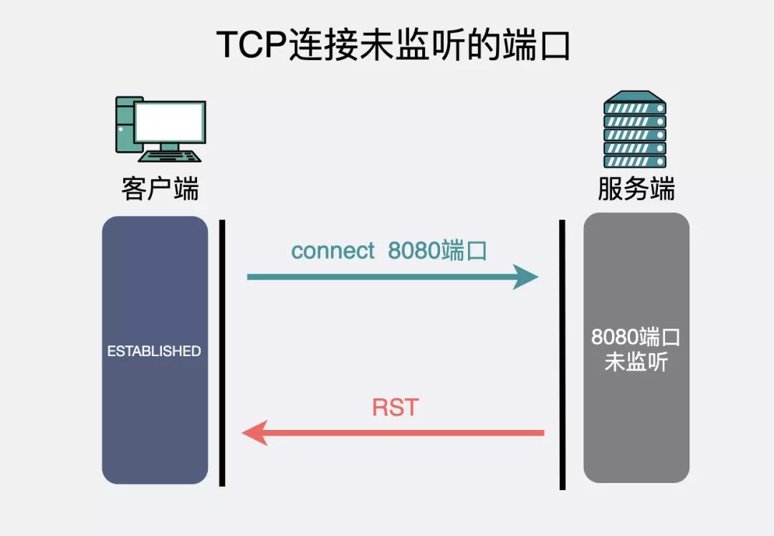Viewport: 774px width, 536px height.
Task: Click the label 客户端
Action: click(160, 189)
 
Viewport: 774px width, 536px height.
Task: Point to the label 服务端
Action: click(636, 189)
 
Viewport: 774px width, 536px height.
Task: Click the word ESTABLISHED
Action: click(154, 351)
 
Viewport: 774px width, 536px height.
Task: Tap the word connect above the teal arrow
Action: click(333, 251)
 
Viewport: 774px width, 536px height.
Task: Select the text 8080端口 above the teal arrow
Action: click(437, 251)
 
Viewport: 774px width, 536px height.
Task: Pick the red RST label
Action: click(395, 408)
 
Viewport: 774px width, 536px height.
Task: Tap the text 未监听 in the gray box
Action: click(636, 362)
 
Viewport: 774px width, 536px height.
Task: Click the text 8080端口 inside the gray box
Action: click(636, 337)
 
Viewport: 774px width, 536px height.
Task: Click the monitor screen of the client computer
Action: click(170, 122)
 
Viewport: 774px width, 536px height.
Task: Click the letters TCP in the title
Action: click(252, 46)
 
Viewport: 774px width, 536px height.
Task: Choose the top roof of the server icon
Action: click(635, 96)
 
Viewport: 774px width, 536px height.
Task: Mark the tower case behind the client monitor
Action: click(124, 125)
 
